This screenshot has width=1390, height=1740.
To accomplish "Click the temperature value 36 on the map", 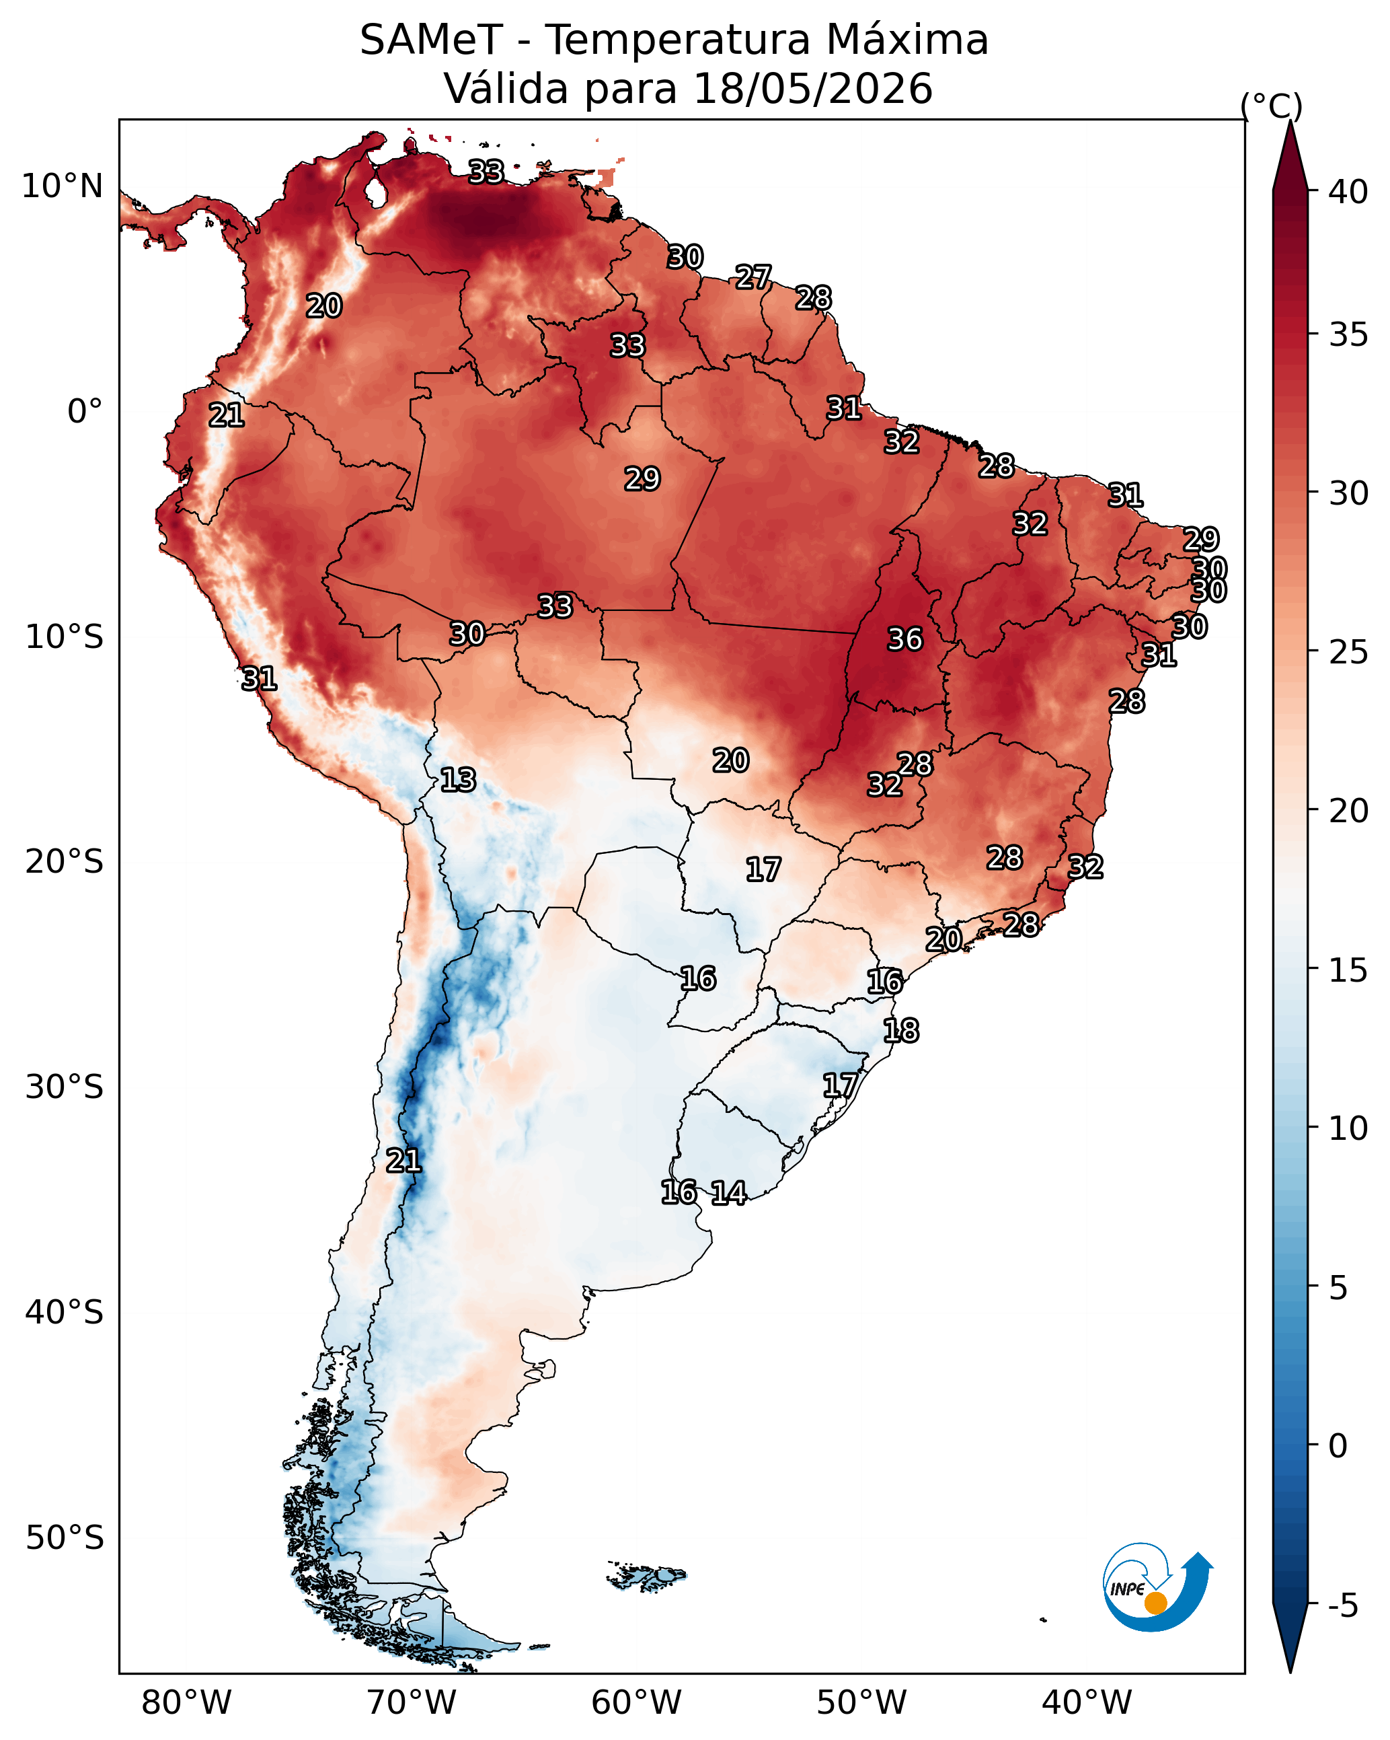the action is pos(904,639).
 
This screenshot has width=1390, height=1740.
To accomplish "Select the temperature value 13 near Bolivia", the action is pos(457,780).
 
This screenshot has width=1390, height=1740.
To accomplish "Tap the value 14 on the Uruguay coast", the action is pos(728,1193).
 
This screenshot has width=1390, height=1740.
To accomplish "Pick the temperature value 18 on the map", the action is pos(900,1031).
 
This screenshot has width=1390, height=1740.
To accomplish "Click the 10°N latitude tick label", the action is pos(62,186).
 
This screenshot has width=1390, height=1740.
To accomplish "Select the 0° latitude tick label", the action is pos(85,412).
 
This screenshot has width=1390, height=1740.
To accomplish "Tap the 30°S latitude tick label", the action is pos(65,1087).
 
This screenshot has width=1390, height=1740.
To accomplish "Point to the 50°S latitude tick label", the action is pos(65,1537).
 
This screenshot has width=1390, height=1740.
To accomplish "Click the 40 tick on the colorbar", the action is pos(1348,192).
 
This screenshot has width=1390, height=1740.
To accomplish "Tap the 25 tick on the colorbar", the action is pos(1348,652).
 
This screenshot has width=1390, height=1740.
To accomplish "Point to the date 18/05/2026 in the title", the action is pos(812,88).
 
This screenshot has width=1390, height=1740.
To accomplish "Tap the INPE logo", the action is pos(1156,1589).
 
